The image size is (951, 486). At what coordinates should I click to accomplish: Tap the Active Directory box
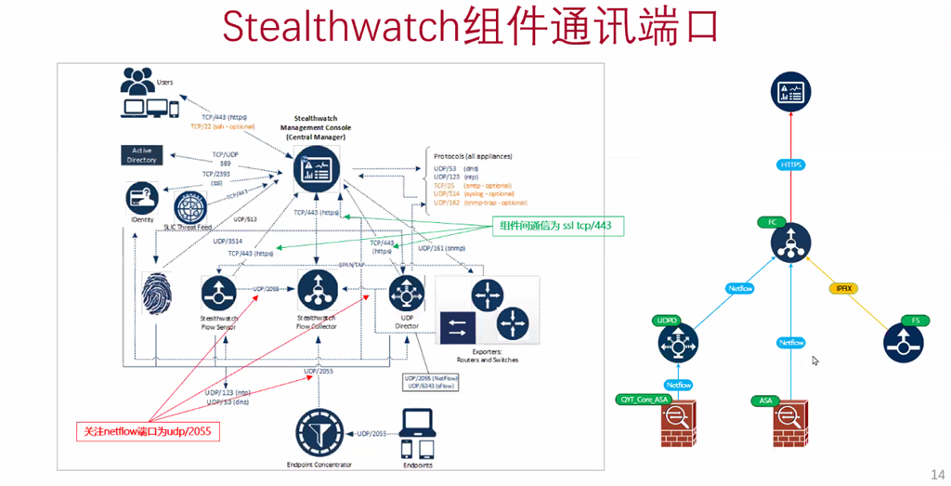141,155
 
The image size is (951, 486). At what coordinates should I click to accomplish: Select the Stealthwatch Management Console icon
318,169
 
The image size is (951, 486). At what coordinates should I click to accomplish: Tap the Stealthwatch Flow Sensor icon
220,296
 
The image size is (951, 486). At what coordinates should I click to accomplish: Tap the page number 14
936,472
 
